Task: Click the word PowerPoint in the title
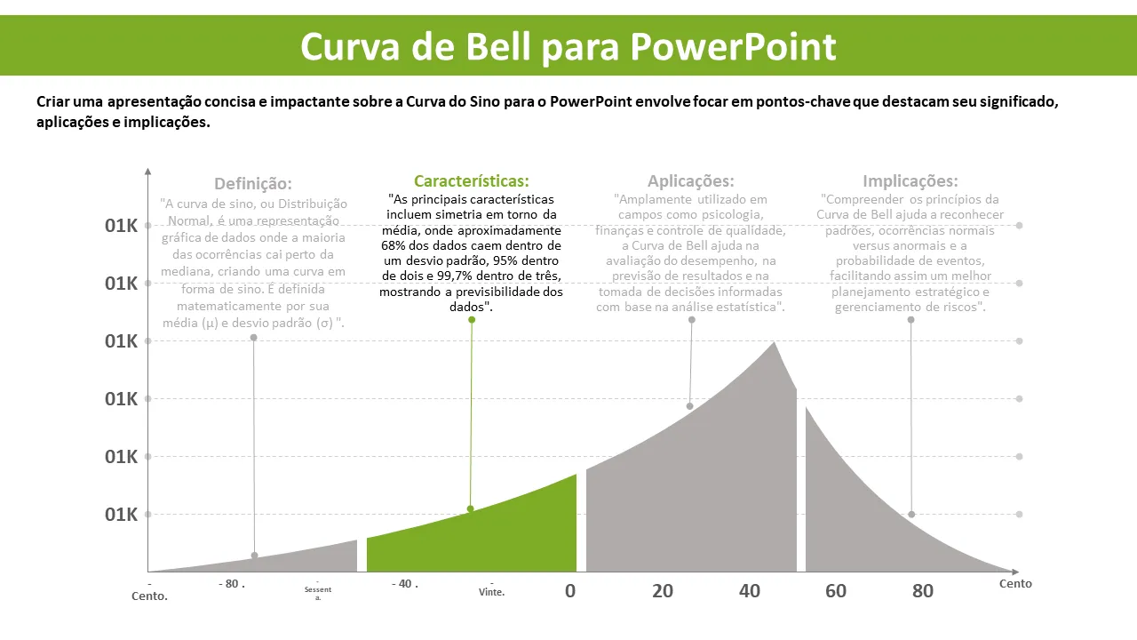734,46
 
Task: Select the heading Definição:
253,184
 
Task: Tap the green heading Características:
472,181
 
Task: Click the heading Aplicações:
691,181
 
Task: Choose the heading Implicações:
910,181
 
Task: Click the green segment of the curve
497,533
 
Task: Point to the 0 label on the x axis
570,590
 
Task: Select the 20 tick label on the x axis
663,590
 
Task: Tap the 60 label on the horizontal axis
836,590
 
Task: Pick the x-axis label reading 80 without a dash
923,590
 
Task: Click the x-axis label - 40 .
405,584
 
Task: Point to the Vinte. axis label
492,592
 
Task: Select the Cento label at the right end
1015,584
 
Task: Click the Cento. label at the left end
149,596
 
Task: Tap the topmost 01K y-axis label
121,226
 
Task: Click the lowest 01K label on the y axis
121,515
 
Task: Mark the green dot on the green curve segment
470,509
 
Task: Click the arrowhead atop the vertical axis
147,171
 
